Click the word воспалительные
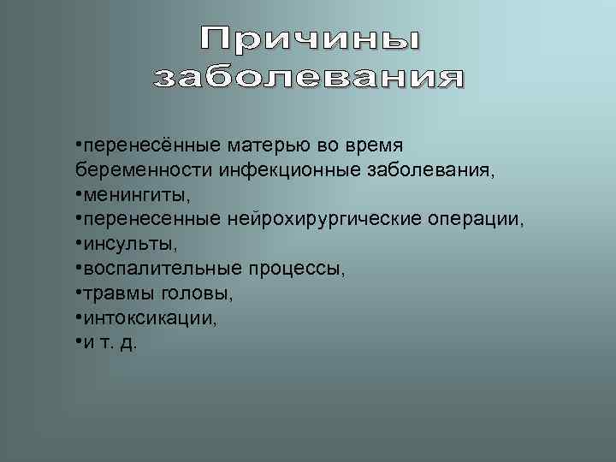pyautogui.click(x=162, y=269)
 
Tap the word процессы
pyautogui.click(x=296, y=269)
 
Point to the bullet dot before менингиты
pyautogui.click(x=78, y=193)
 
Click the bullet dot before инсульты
pyautogui.click(x=78, y=243)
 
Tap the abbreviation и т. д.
pyautogui.click(x=110, y=342)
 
